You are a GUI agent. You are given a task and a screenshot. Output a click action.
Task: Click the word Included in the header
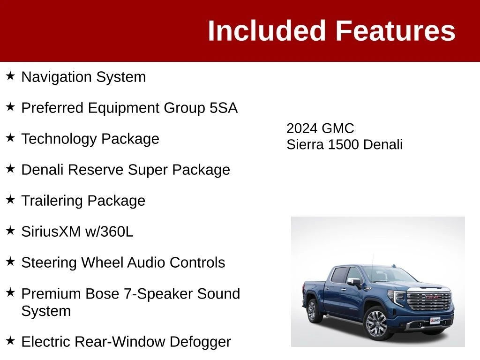pos(266,30)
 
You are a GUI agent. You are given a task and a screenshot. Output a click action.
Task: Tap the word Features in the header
pos(396,30)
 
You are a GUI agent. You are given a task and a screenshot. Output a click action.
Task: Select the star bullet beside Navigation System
pos(10,76)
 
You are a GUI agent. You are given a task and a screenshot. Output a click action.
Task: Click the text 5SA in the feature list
pos(224,108)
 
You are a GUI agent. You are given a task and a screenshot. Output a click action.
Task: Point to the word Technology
pos(59,139)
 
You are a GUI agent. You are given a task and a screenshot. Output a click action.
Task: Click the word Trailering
pos(52,201)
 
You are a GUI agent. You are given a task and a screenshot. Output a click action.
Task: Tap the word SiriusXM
pos(51,232)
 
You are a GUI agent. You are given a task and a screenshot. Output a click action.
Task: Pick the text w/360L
pos(109,232)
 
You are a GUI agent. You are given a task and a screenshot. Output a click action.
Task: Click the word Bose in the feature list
pos(102,293)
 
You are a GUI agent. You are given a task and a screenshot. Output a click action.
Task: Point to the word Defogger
pos(200,342)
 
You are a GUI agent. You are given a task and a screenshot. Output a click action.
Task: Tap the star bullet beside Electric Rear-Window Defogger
pos(10,341)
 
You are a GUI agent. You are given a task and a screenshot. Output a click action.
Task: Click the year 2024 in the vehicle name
pos(301,128)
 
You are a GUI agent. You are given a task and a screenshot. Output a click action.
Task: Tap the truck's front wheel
pos(376,323)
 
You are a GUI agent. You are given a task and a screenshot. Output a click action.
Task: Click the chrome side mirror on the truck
pos(354,282)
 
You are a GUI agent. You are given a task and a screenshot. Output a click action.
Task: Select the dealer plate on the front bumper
pos(435,321)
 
